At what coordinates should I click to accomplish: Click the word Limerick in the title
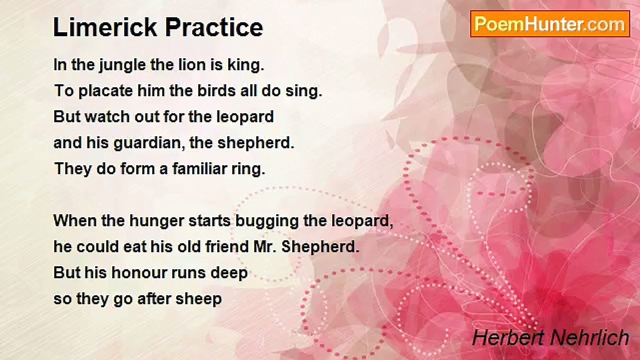(105, 27)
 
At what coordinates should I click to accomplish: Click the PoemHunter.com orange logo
(550, 24)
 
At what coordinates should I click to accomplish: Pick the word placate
(105, 91)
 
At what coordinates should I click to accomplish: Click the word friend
(227, 246)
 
